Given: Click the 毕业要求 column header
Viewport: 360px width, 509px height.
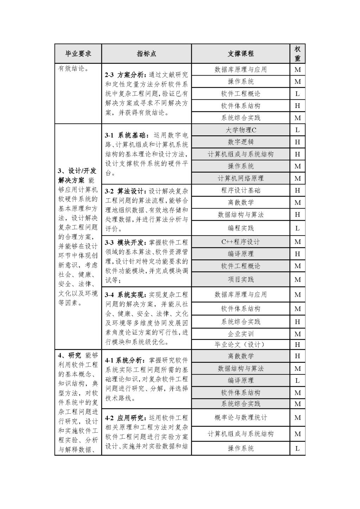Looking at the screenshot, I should point(78,53).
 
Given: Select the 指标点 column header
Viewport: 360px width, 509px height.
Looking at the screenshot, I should point(146,53).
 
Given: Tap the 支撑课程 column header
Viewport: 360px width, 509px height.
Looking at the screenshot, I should point(240,53).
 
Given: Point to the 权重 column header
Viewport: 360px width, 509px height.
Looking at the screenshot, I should point(297,53).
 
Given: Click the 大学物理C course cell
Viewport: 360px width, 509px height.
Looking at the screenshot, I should point(240,130).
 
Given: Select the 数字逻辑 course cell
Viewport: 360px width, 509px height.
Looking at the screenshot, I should point(240,142).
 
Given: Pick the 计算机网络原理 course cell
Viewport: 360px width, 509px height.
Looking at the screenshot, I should point(240,178).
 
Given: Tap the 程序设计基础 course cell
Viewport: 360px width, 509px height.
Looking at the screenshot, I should point(240,191).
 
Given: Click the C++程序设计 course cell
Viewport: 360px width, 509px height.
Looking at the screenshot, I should point(240,242).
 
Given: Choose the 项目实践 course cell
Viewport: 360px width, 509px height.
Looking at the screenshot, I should point(240,279).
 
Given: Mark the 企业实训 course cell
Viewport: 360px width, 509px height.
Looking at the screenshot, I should point(240,334).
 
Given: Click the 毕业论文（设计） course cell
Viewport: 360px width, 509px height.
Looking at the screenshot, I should point(240,344).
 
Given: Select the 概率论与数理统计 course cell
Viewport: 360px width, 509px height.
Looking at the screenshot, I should point(240,418).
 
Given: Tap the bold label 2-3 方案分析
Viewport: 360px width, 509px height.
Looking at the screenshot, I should point(124,75).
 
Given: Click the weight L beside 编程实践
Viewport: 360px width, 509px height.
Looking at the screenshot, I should point(297,228).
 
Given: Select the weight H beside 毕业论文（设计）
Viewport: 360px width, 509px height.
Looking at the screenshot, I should point(297,344).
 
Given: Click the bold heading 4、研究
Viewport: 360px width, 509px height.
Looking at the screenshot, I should point(70,355).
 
